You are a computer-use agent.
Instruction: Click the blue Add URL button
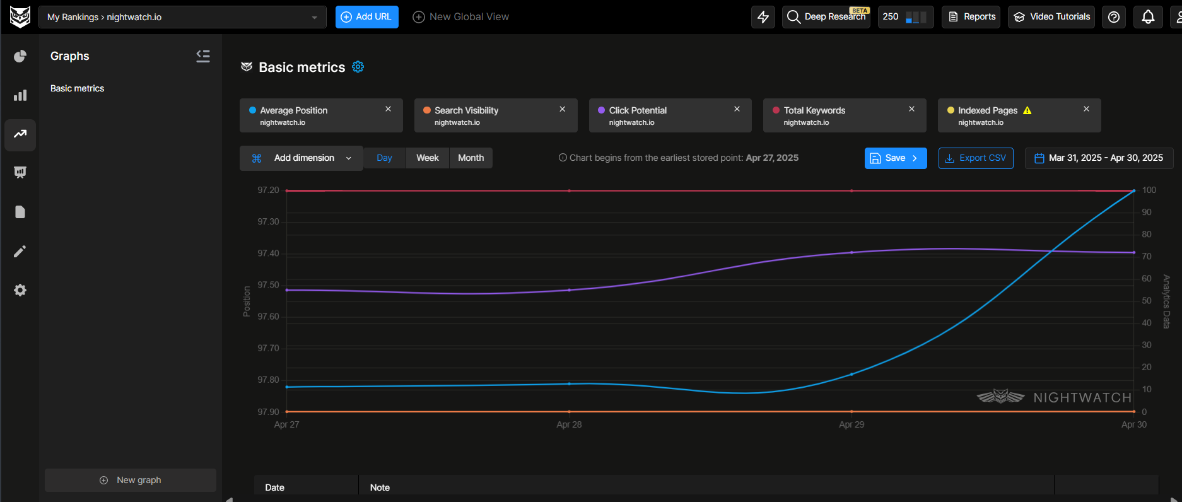click(x=366, y=17)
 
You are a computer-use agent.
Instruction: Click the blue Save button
click(x=895, y=158)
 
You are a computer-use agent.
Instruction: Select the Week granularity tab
click(x=427, y=158)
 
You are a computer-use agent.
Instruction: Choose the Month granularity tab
click(x=471, y=158)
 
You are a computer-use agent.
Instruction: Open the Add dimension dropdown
click(x=301, y=158)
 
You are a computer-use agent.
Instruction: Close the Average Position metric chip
click(x=389, y=109)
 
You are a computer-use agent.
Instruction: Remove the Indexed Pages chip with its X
click(x=1086, y=109)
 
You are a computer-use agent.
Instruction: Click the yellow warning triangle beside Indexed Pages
click(x=1027, y=110)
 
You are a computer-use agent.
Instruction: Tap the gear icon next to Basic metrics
click(x=358, y=67)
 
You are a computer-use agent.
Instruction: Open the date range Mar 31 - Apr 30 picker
click(x=1099, y=158)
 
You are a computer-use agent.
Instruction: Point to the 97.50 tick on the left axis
click(x=268, y=285)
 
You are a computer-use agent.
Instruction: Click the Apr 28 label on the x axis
click(x=569, y=424)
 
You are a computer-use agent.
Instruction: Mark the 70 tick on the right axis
click(x=1146, y=256)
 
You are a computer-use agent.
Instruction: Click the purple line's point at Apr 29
click(x=851, y=252)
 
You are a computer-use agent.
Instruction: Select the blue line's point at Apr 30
click(x=1133, y=191)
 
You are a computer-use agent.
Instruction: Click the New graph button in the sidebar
click(x=131, y=480)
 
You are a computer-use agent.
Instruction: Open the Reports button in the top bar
click(x=971, y=17)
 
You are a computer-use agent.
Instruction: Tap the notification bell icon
click(x=1148, y=17)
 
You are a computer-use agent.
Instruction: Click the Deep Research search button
click(x=826, y=17)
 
